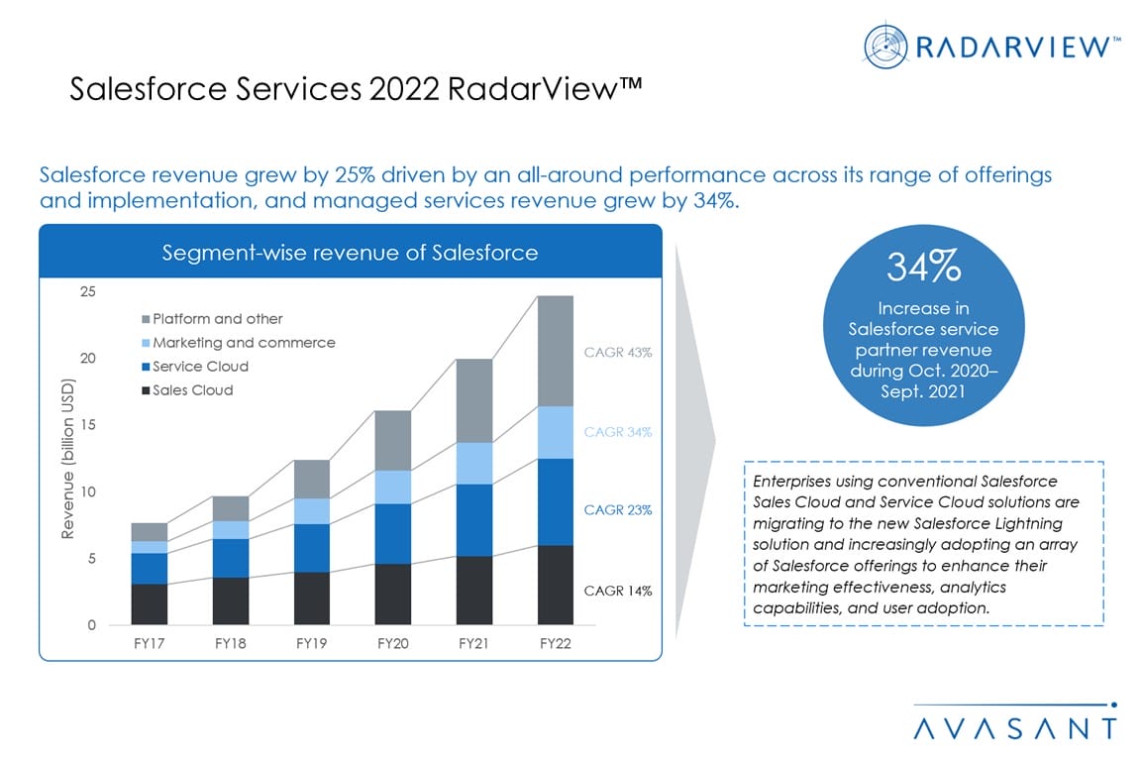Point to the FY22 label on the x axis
point(555,642)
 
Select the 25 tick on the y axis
point(88,291)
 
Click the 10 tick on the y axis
point(88,491)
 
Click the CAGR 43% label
point(618,353)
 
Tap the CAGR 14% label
point(618,592)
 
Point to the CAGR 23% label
point(618,510)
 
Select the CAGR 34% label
point(618,432)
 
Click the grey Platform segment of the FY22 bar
point(555,351)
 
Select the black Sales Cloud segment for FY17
point(150,604)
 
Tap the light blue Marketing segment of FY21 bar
point(473,463)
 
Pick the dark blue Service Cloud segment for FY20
point(393,534)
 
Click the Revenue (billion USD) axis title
point(68,459)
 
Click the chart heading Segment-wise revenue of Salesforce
point(350,253)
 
